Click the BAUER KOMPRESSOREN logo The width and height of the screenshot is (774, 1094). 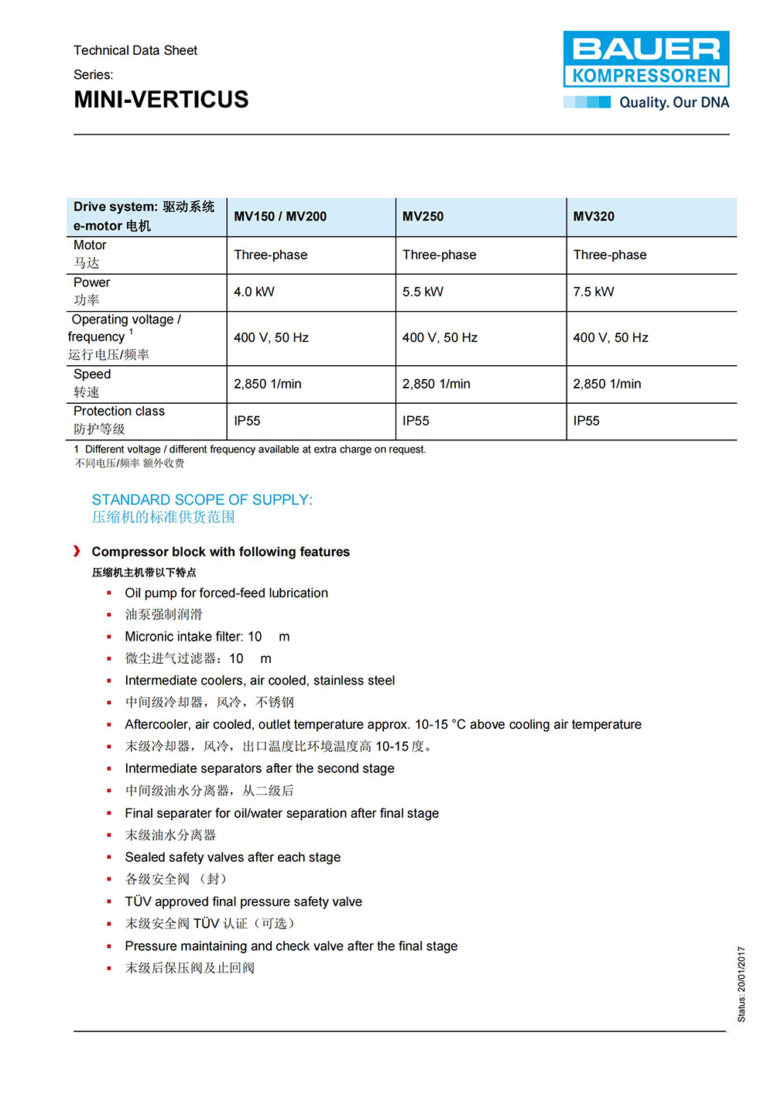[x=646, y=59]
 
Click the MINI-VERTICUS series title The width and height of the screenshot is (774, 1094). [x=161, y=100]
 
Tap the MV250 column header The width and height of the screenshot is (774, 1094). [x=423, y=217]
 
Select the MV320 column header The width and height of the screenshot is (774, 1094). [x=594, y=217]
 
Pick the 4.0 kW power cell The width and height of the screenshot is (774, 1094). [x=254, y=292]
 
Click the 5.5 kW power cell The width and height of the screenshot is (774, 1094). [x=423, y=292]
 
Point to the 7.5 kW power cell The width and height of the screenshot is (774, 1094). [x=594, y=292]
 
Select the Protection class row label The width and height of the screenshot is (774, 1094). [x=119, y=412]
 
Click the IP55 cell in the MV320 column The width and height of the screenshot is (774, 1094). [x=586, y=421]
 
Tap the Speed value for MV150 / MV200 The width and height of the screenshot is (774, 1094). [x=268, y=384]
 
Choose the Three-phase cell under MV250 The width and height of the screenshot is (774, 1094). [x=439, y=255]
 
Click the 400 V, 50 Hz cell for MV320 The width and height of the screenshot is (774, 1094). [x=611, y=337]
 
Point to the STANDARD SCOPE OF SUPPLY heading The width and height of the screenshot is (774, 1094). [x=202, y=500]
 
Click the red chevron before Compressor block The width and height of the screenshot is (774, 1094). [x=77, y=551]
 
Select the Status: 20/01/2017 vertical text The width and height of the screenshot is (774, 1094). [x=741, y=984]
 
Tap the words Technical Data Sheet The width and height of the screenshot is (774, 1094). [x=135, y=50]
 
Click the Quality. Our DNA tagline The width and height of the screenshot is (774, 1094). [x=673, y=102]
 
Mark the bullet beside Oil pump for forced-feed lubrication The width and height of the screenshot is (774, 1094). [x=109, y=593]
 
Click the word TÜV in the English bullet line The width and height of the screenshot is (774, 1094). [x=139, y=901]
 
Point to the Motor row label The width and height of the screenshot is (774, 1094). [x=90, y=245]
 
